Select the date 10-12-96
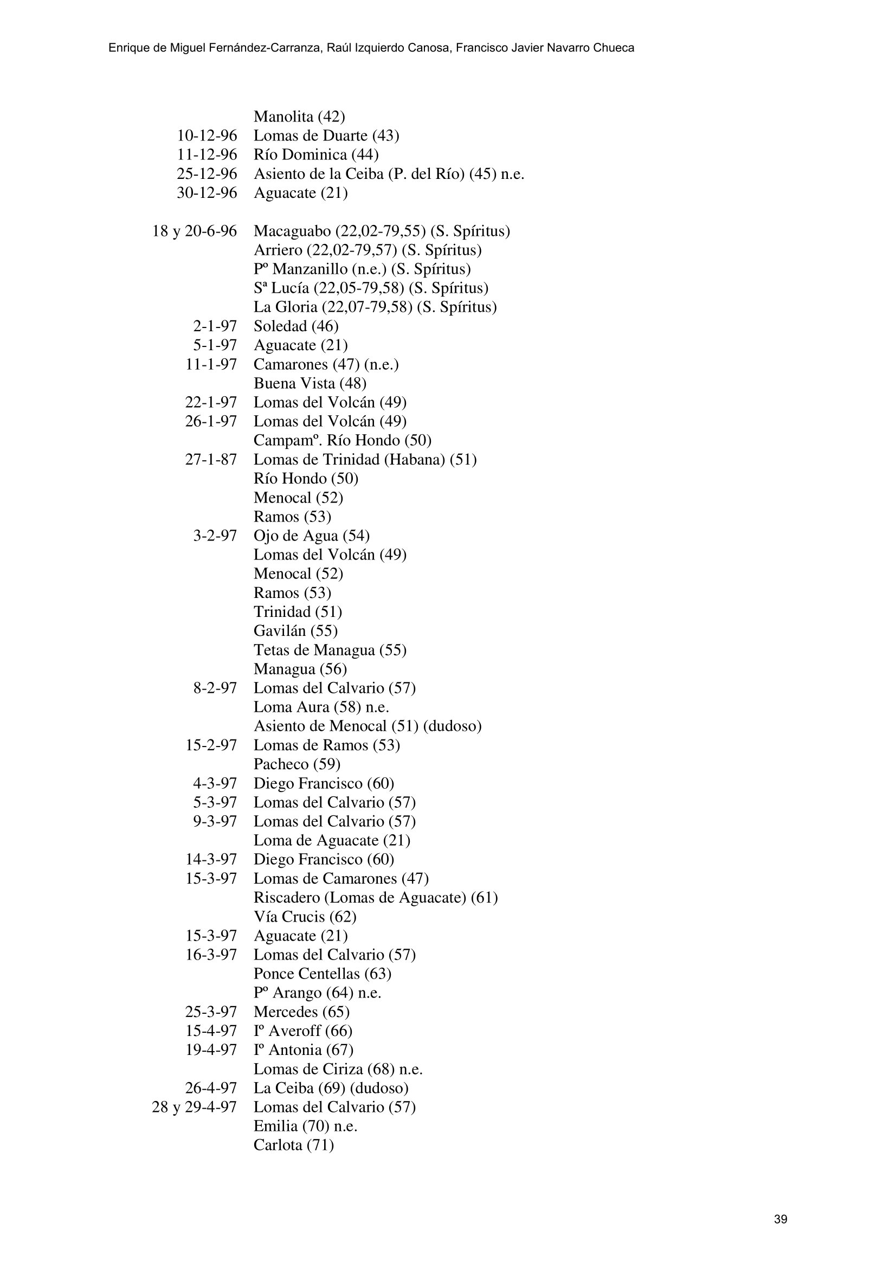click(x=207, y=136)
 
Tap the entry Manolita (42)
click(x=299, y=117)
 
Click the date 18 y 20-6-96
click(x=195, y=231)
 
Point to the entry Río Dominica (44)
click(x=316, y=155)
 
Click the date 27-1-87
click(x=211, y=460)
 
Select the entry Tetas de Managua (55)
click(x=330, y=650)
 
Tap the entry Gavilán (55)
click(x=295, y=630)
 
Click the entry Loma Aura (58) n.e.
click(x=321, y=707)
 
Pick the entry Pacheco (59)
click(x=296, y=764)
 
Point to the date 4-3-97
click(x=215, y=784)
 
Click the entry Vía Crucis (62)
click(x=305, y=917)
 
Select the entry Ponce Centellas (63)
click(x=323, y=974)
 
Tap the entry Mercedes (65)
click(x=301, y=1012)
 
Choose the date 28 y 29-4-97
click(x=195, y=1108)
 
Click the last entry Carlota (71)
click(x=294, y=1145)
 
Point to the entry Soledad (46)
click(x=296, y=326)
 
